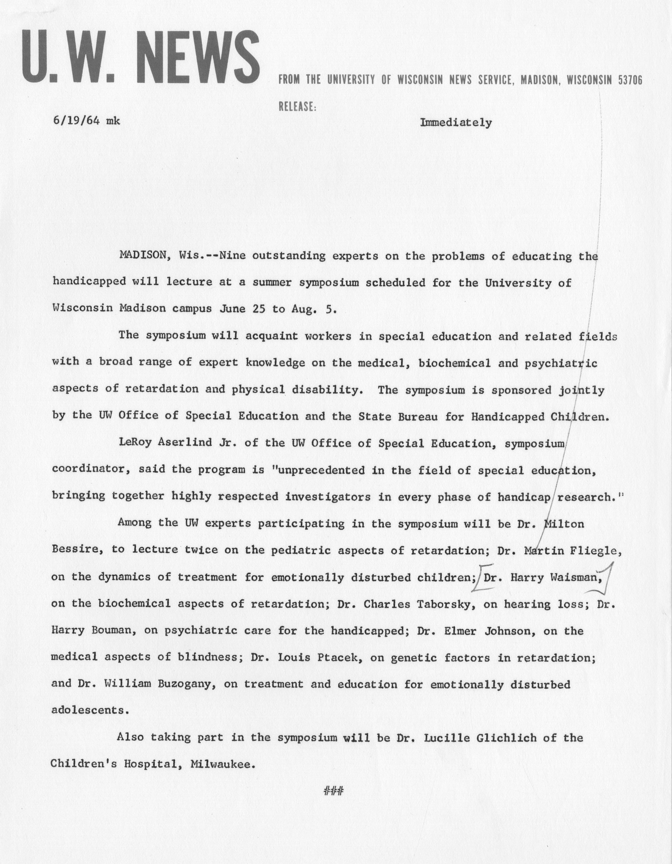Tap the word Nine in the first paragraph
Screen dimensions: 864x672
point(233,256)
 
